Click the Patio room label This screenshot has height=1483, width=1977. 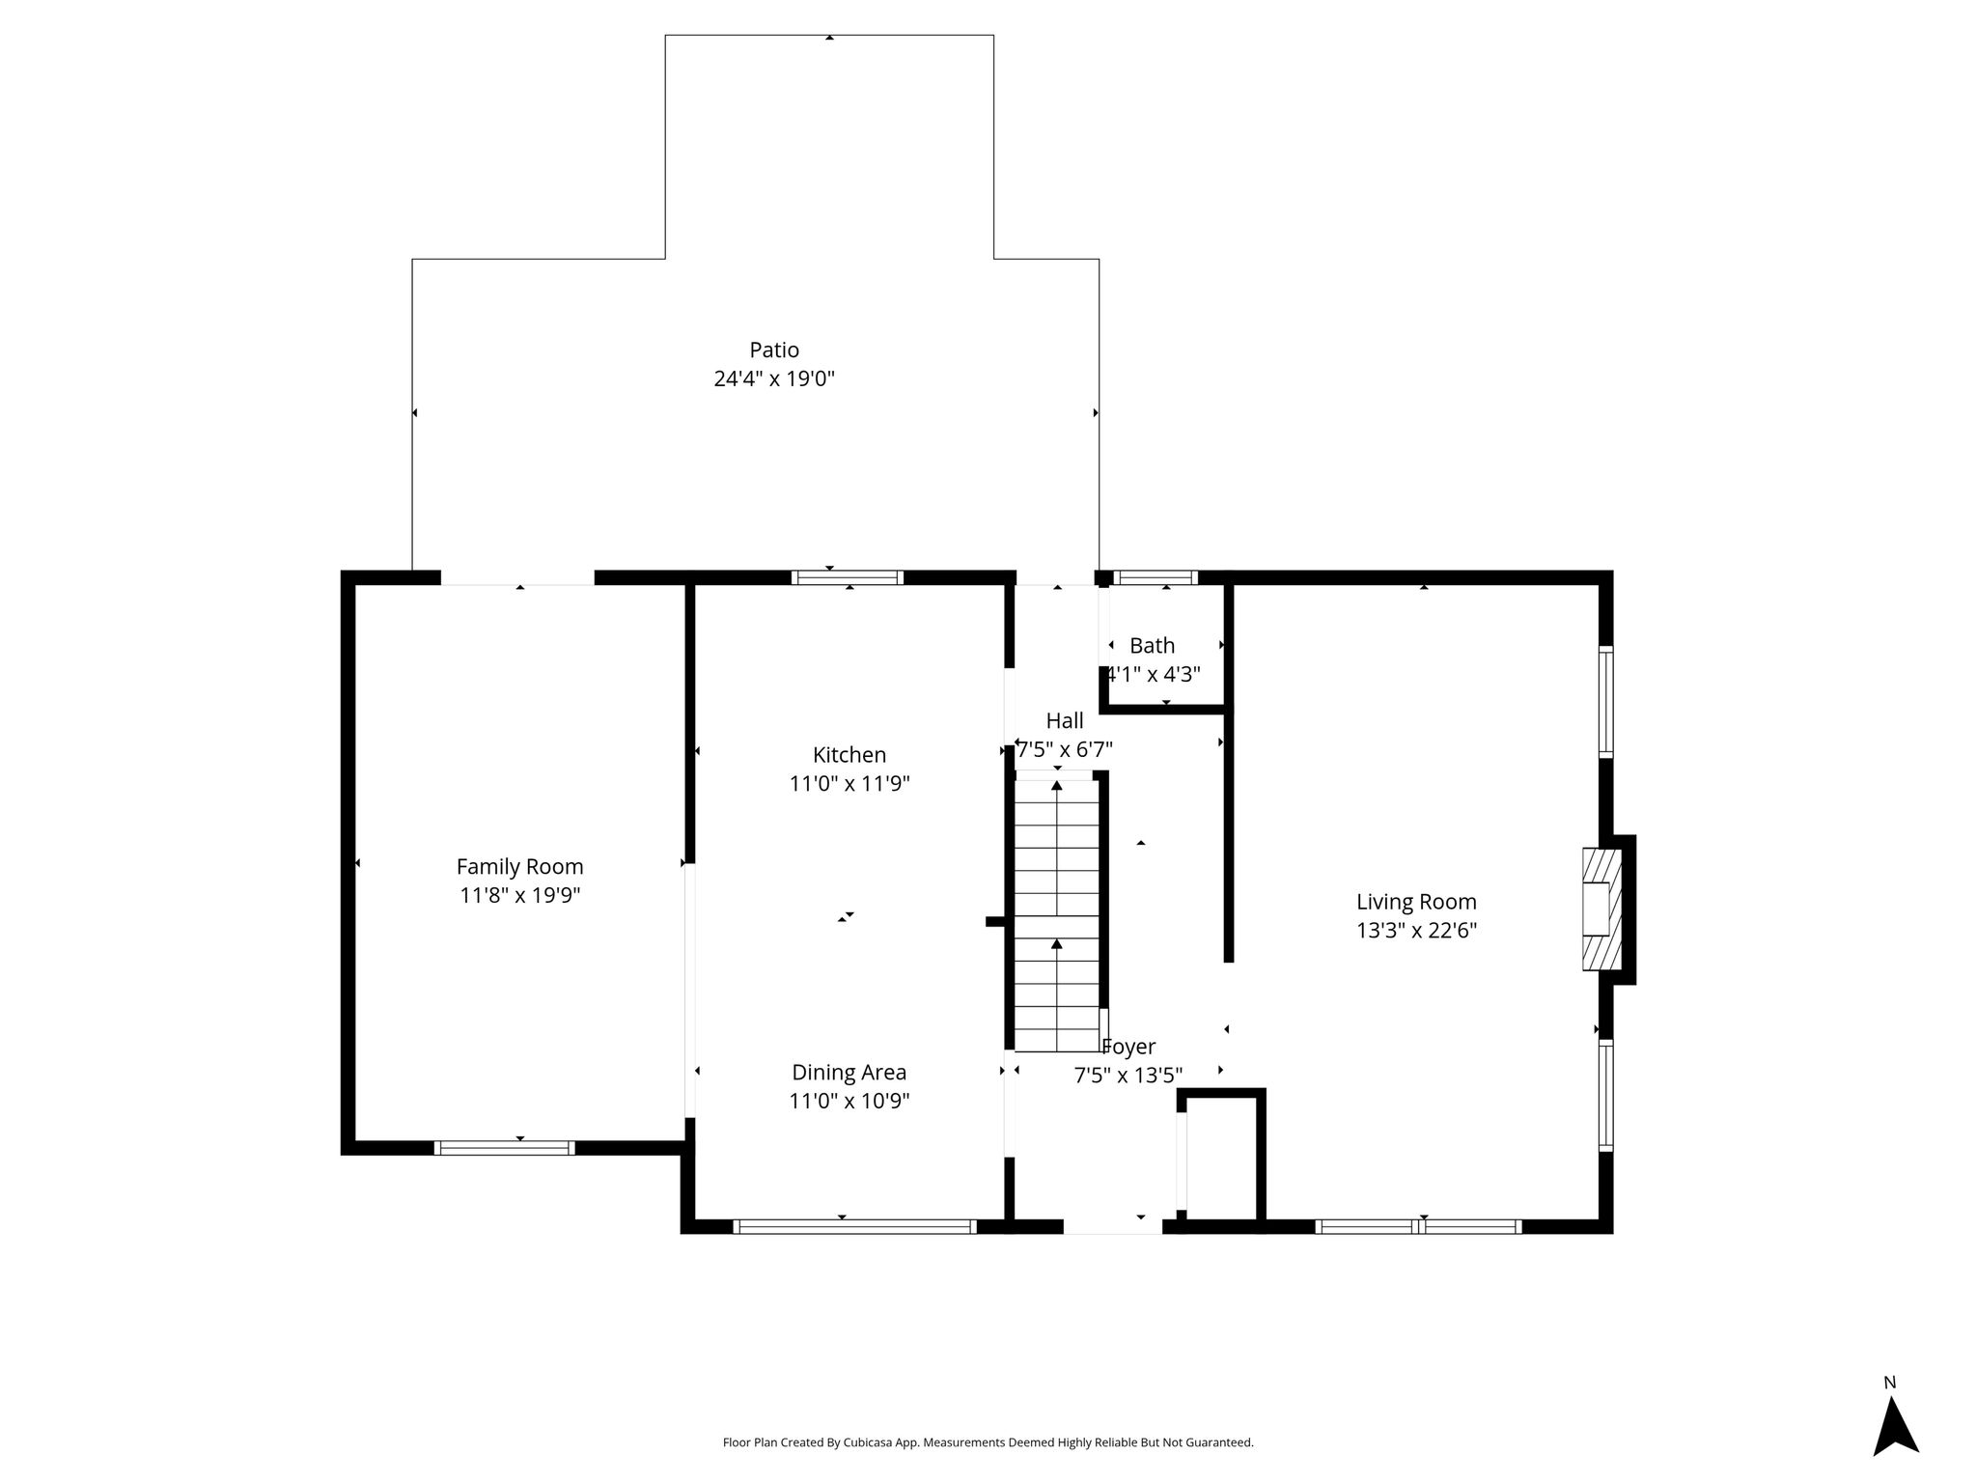(x=774, y=350)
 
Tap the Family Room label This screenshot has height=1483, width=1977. (x=519, y=867)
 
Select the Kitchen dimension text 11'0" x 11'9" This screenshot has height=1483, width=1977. (x=849, y=783)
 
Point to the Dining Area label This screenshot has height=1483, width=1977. (x=849, y=1073)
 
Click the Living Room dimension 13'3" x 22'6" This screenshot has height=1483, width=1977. (x=1416, y=930)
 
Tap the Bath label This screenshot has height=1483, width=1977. (x=1153, y=646)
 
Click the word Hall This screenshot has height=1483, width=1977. (x=1065, y=720)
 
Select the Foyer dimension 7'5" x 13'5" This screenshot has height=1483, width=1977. (x=1128, y=1076)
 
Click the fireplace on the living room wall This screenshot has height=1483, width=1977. (x=1607, y=909)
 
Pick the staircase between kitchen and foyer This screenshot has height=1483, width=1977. (x=1057, y=915)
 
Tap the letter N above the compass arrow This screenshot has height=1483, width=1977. (x=1890, y=1383)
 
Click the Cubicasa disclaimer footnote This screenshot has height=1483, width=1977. (x=988, y=1442)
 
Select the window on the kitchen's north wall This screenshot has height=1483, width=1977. (x=848, y=577)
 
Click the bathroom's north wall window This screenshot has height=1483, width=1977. (x=1156, y=577)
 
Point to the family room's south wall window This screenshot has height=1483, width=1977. (x=504, y=1148)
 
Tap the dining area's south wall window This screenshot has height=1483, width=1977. (x=854, y=1226)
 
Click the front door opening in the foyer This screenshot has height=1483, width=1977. (x=1113, y=1226)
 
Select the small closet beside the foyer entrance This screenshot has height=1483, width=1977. (x=1221, y=1160)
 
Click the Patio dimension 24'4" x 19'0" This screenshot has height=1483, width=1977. (x=774, y=378)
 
